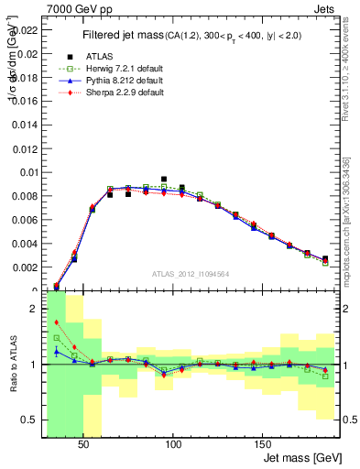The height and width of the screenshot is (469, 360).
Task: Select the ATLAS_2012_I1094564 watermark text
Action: [x=190, y=273]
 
